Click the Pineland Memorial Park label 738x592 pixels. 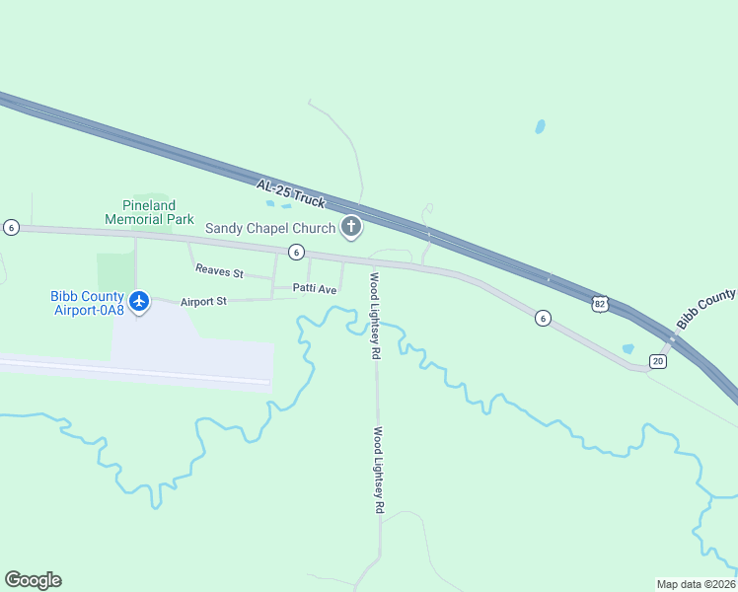tap(149, 211)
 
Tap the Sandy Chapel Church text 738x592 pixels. tap(270, 228)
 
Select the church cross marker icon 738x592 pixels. tap(350, 228)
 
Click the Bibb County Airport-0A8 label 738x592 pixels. tap(88, 303)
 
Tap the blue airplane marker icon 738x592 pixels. tap(139, 300)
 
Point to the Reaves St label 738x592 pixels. tap(219, 270)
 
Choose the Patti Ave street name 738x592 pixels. tap(315, 289)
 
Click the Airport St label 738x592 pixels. tap(203, 300)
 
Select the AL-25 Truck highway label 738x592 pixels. tap(290, 192)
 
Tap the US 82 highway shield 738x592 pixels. tap(600, 304)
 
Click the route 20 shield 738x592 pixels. tap(658, 361)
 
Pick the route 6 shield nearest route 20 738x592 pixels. tap(542, 318)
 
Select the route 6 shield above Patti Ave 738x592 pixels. tap(296, 253)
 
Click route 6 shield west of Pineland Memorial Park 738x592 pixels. tap(11, 227)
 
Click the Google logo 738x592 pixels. tap(33, 580)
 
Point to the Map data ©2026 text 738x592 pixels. tap(696, 583)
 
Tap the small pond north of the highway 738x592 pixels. tap(540, 127)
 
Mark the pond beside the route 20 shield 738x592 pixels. tap(627, 348)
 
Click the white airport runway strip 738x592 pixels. tap(138, 372)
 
